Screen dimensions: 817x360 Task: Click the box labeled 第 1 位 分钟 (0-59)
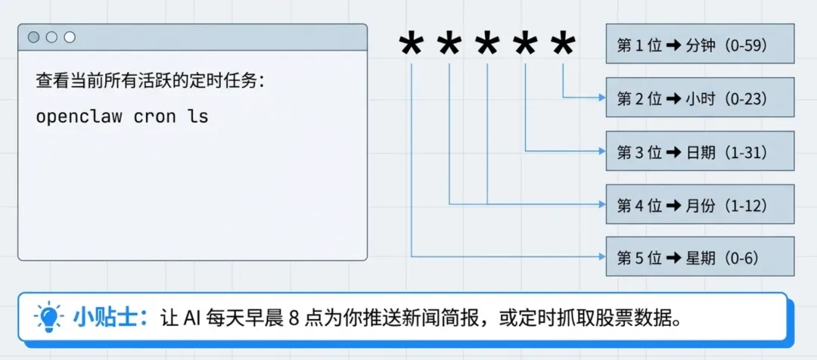pos(700,44)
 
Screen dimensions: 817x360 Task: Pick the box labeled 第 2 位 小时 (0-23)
pos(700,98)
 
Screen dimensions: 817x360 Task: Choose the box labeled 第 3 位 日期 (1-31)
pos(700,151)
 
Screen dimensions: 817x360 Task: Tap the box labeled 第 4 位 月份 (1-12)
pos(700,204)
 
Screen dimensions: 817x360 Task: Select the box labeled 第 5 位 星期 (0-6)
pos(700,257)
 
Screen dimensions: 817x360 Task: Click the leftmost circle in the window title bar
pos(34,37)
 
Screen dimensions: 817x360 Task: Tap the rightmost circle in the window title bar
pos(70,37)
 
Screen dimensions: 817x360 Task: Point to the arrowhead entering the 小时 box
pos(601,98)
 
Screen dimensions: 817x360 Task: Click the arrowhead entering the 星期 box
pos(601,257)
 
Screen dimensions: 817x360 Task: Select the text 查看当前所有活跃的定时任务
pos(148,81)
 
